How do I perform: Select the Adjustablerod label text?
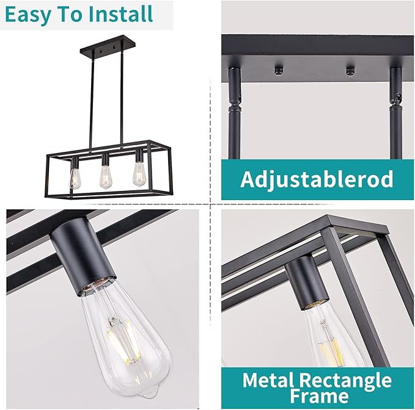click(x=316, y=179)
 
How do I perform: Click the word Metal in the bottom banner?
click(x=271, y=380)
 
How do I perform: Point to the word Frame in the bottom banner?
click(x=316, y=397)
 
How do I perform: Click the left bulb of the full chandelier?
click(x=75, y=177)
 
